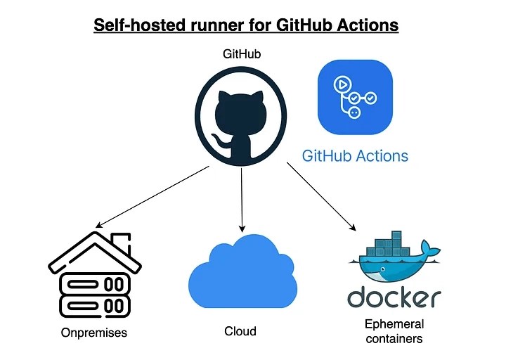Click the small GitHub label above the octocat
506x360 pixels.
coord(241,55)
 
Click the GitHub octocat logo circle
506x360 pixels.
coord(241,117)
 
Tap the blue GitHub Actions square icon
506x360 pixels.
coord(355,96)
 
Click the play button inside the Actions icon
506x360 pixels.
coord(343,82)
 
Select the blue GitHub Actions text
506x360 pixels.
coord(355,155)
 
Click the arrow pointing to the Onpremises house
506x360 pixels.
coord(151,198)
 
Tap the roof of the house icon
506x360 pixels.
coord(94,250)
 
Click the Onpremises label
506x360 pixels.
coord(94,332)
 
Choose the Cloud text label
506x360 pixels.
coord(240,331)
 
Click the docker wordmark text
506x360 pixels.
coord(394,298)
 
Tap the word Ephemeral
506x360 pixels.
coord(394,324)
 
